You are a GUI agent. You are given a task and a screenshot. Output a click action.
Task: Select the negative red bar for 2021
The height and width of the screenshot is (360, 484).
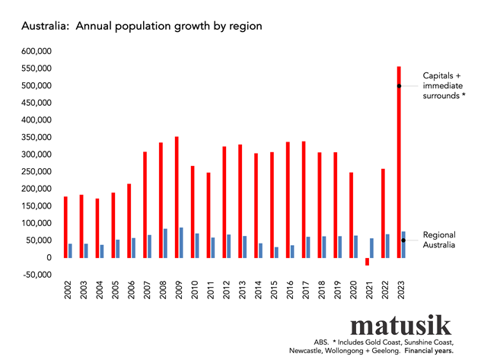(x=367, y=261)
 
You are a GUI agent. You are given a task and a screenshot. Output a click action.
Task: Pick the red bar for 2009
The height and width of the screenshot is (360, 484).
(x=177, y=197)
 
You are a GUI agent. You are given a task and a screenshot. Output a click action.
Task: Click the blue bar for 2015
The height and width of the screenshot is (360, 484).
(x=276, y=252)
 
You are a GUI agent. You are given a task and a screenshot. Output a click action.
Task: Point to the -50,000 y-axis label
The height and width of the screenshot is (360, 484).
(x=36, y=275)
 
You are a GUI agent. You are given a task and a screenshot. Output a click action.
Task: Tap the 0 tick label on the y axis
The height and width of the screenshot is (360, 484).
(x=49, y=258)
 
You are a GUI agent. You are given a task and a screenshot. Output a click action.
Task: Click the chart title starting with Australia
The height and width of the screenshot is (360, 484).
(x=142, y=26)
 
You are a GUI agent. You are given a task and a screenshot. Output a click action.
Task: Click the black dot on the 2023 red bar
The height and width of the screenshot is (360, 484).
(x=399, y=86)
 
